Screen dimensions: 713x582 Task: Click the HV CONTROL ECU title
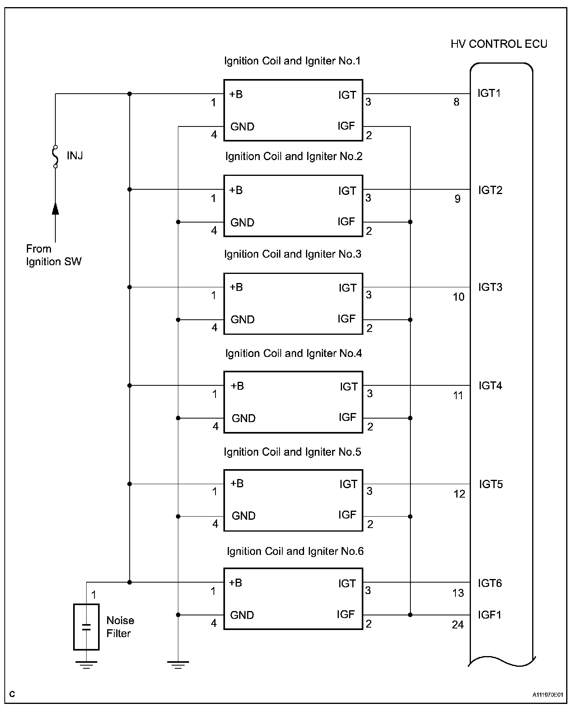[499, 44]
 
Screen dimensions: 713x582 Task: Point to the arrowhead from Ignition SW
[55, 208]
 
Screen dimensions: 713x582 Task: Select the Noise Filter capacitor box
[86, 627]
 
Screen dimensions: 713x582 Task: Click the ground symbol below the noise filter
[86, 665]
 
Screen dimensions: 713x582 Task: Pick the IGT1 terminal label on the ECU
[489, 93]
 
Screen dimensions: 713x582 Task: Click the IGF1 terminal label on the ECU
[489, 615]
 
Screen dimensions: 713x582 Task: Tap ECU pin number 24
[457, 625]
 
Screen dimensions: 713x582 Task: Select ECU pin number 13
[458, 593]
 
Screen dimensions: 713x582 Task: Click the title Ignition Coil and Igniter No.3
[293, 254]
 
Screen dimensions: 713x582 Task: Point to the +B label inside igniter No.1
[236, 94]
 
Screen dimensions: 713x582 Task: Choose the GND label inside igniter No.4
[244, 418]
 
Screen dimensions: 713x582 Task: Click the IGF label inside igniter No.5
[347, 515]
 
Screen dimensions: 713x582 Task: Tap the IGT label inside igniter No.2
[347, 191]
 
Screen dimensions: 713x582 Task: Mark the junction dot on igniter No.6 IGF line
[410, 615]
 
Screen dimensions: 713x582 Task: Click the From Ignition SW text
[53, 255]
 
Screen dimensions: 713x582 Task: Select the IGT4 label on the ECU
[490, 385]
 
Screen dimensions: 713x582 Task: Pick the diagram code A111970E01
[547, 694]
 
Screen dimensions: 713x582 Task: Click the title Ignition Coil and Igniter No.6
[295, 551]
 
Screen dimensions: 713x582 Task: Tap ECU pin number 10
[458, 297]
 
